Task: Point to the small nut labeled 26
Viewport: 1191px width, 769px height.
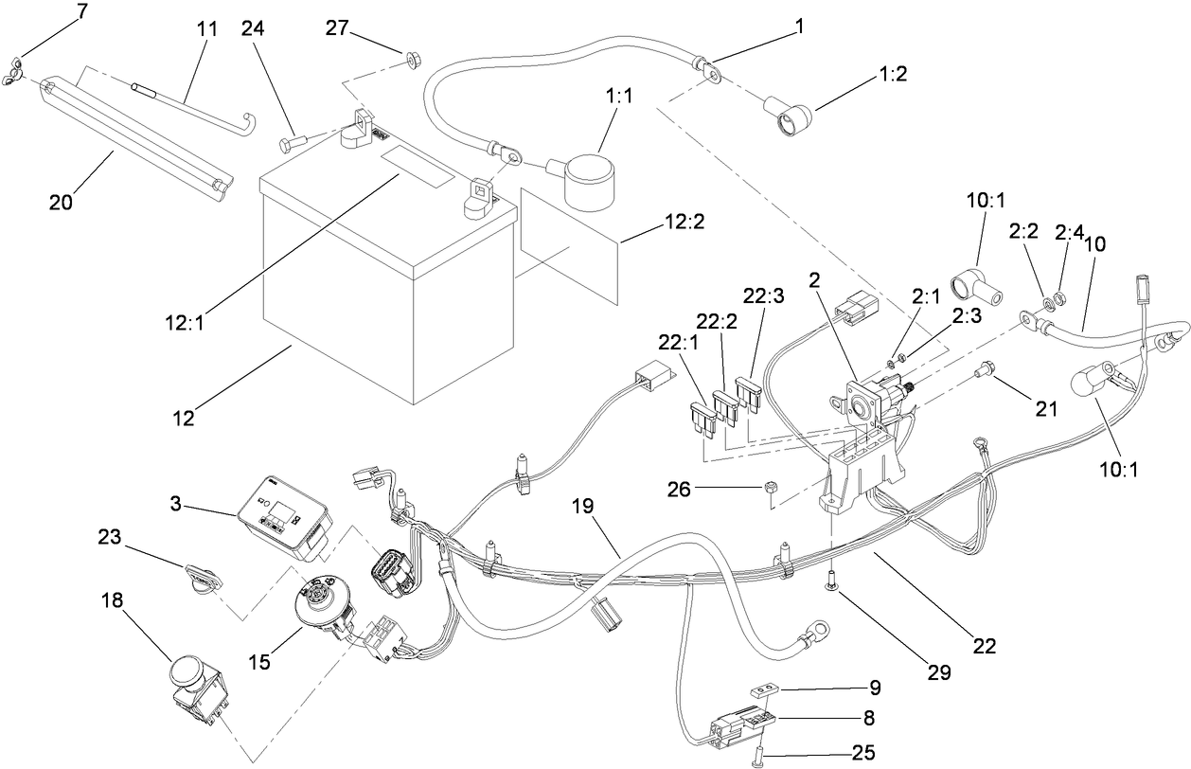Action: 772,489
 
